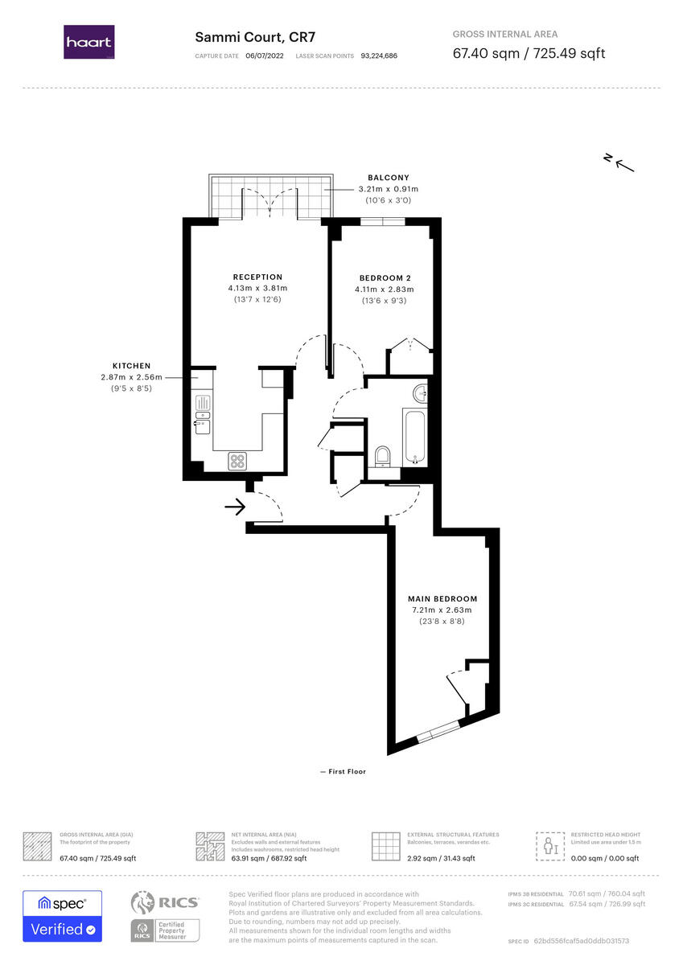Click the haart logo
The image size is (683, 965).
coord(88,42)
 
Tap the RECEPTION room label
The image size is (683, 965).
coord(257,277)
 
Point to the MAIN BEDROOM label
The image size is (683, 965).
coord(442,599)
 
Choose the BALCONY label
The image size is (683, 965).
coord(389,178)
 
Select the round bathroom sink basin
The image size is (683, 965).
coord(419,394)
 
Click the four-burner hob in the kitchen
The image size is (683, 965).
coord(238,461)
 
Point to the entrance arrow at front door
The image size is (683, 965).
coord(235,507)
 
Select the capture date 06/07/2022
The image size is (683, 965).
coord(265,56)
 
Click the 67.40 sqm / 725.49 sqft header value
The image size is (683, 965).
coord(529,54)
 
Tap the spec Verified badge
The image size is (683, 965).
coord(62,916)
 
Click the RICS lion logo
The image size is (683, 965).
coord(144,904)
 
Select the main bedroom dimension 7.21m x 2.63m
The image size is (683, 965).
coord(442,610)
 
